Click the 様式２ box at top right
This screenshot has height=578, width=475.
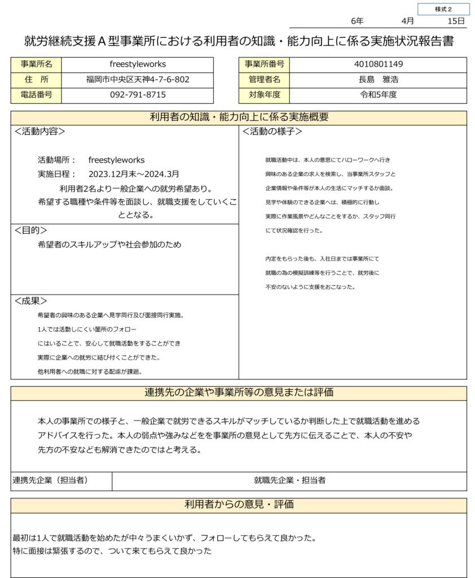pyautogui.click(x=443, y=9)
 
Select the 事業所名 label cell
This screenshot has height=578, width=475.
pyautogui.click(x=36, y=64)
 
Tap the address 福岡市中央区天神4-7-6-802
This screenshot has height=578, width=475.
pyautogui.click(x=138, y=80)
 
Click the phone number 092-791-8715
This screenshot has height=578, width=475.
pyautogui.click(x=138, y=95)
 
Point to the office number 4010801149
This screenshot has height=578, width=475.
pyautogui.click(x=378, y=64)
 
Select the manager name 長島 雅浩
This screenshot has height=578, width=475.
pyautogui.click(x=378, y=80)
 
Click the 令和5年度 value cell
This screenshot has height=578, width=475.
pyautogui.click(x=378, y=95)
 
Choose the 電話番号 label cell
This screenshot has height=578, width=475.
pyautogui.click(x=36, y=95)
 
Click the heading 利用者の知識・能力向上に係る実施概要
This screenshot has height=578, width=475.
pyautogui.click(x=239, y=117)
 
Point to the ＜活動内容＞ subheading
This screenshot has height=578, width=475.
pyautogui.click(x=39, y=132)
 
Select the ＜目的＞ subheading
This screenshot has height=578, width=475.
pyautogui.click(x=30, y=230)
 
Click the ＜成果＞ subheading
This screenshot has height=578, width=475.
pyautogui.click(x=30, y=301)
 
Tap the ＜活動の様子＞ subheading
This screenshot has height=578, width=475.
pyautogui.click(x=272, y=132)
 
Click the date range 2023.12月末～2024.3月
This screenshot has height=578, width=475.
pyautogui.click(x=134, y=174)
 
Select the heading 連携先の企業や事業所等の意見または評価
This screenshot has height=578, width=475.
pyautogui.click(x=239, y=393)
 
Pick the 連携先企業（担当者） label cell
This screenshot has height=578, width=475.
pyautogui.click(x=51, y=480)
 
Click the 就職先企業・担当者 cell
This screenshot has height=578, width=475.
pyautogui.click(x=289, y=480)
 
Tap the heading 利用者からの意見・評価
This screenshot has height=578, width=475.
pyautogui.click(x=239, y=505)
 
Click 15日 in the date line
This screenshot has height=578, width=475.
pyautogui.click(x=455, y=21)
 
